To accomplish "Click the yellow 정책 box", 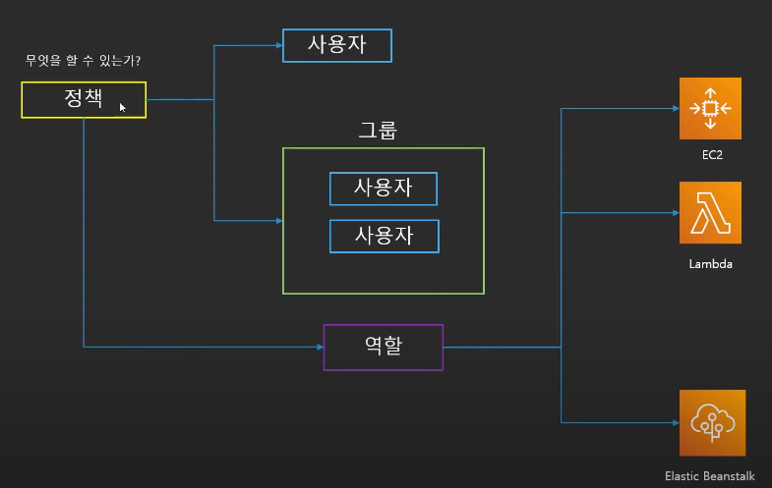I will click(84, 100).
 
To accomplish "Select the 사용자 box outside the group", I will click(337, 45).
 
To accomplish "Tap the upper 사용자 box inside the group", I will click(384, 189).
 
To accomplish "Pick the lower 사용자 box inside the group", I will click(384, 236).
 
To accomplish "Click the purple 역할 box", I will click(384, 347).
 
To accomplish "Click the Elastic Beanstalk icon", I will click(711, 421).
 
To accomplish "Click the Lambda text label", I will click(711, 265).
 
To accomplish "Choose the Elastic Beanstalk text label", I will click(710, 475).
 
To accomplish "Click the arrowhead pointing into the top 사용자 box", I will click(278, 45).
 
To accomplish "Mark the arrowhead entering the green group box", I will click(278, 220).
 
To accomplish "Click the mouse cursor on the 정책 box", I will click(123, 107).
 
